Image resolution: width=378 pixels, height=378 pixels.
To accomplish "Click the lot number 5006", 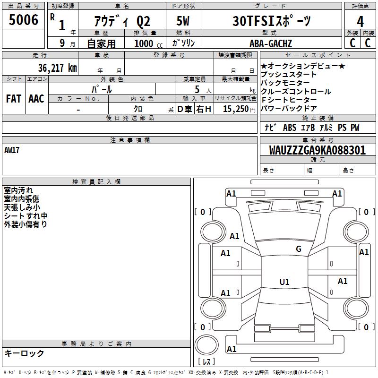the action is point(23,19).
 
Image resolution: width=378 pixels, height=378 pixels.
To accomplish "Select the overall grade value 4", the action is point(360,22).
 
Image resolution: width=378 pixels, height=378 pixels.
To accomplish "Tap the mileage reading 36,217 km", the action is point(58,68).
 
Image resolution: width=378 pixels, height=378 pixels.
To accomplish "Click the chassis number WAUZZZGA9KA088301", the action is point(318,150).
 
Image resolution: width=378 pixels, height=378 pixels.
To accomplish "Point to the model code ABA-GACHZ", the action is point(271,43).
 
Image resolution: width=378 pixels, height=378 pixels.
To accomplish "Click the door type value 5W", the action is point(183,21).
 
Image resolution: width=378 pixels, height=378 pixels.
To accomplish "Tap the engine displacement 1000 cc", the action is point(148,43).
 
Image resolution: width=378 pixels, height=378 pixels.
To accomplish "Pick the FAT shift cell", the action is point(14,99).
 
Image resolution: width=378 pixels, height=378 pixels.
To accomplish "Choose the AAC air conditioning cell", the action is point(36,99).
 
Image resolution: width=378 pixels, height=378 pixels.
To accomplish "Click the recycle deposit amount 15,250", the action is point(236,109).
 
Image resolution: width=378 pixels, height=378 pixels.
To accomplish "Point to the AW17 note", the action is point(12,150).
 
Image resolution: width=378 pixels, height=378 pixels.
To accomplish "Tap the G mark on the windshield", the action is point(299,249).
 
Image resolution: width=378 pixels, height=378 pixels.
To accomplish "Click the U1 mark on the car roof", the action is point(284,282).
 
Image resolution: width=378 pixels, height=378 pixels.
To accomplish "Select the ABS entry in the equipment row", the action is point(290,128).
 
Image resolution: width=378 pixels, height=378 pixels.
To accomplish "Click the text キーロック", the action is point(25,353).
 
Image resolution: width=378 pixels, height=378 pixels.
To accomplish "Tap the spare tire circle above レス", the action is point(206,345).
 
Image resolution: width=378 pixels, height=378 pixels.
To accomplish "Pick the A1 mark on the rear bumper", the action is point(232,349).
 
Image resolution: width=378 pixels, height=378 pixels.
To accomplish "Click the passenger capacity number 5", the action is point(197,89).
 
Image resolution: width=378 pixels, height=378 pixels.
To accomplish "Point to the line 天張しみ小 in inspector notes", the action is point(22,207).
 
